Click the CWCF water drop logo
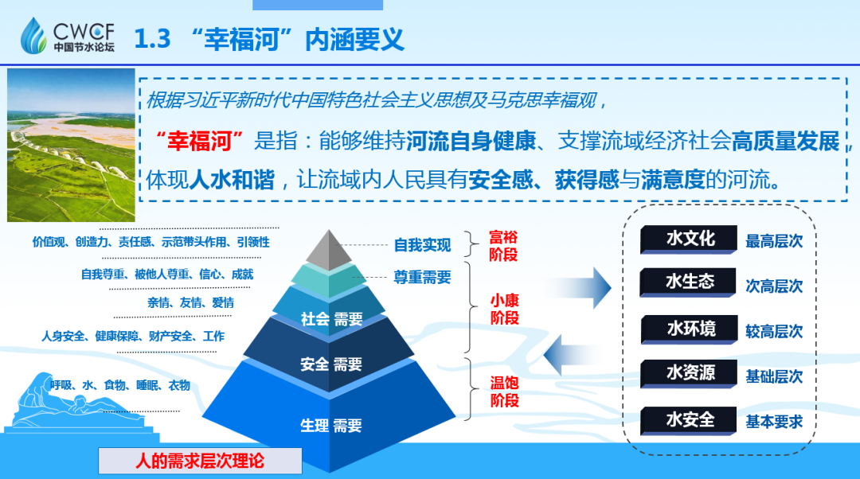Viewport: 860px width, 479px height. pyautogui.click(x=34, y=34)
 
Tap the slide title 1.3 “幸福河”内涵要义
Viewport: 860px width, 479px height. pyautogui.click(x=268, y=38)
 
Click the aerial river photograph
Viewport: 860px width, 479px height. pyautogui.click(x=71, y=145)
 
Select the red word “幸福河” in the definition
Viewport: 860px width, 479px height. pyautogui.click(x=199, y=142)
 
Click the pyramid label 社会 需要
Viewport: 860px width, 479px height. pyautogui.click(x=331, y=319)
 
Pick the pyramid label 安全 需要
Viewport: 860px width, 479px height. pyautogui.click(x=331, y=364)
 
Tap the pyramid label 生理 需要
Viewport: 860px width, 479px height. pyautogui.click(x=331, y=426)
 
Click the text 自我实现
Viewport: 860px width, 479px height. pyautogui.click(x=422, y=245)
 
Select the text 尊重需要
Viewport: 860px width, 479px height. pyautogui.click(x=422, y=278)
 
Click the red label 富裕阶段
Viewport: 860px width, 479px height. pyautogui.click(x=503, y=246)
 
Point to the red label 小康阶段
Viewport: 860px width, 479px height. pyautogui.click(x=504, y=310)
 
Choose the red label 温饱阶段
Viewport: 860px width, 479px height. pyautogui.click(x=504, y=391)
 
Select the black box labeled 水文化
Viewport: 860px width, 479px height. pyautogui.click(x=690, y=239)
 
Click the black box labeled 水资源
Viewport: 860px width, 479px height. pyautogui.click(x=690, y=373)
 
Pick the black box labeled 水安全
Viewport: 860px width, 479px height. pyautogui.click(x=690, y=419)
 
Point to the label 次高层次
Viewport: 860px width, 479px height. pyautogui.click(x=774, y=286)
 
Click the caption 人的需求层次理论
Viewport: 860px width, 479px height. pyautogui.click(x=200, y=461)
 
